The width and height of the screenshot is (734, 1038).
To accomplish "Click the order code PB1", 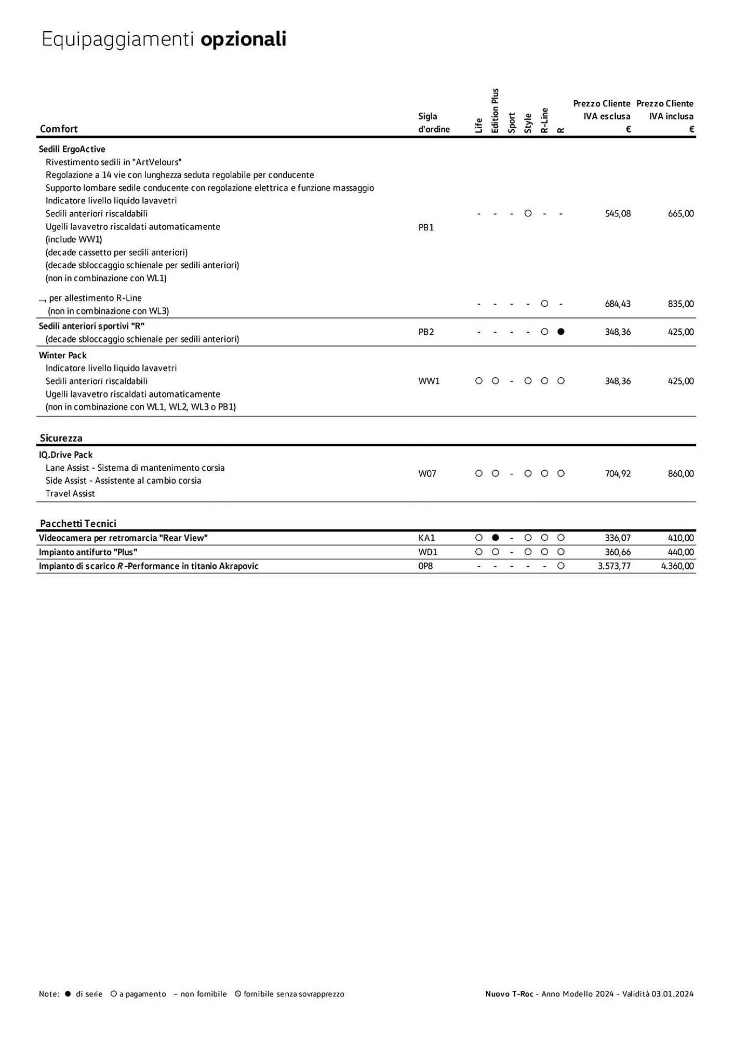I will pos(426,227).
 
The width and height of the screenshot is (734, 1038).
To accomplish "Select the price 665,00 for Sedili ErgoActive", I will pos(680,213).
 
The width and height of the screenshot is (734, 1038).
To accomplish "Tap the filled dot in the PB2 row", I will pos(560,332).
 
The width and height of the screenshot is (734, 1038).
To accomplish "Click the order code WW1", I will pos(429,381).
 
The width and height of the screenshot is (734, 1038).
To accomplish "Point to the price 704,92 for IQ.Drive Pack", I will pos(618,473).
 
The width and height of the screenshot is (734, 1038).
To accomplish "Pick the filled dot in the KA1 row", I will pos(496,538).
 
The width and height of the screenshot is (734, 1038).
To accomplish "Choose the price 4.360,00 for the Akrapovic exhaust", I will pos(677,566).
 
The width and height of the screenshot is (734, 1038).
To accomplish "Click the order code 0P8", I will pos(425,566).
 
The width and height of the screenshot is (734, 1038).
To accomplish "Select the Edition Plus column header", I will pos(495,111).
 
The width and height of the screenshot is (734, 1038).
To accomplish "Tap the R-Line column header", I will pos(544,120).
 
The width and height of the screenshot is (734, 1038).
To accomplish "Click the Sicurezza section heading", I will pos(61,438).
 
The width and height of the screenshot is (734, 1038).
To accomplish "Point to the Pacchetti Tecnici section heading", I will pos(78,523).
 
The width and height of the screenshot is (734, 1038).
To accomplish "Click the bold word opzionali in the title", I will pos(243,39).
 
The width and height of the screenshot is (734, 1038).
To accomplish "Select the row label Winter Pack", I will pos(63,355).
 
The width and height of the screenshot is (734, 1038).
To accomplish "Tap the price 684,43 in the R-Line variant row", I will pos(618,304).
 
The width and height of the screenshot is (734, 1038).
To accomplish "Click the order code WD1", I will pos(428,552).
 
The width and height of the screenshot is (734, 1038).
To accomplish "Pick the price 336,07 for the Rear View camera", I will pos(618,538).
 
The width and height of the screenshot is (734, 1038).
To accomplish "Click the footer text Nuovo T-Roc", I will pos(509,994).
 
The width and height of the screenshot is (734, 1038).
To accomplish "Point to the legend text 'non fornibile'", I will pos(203,994).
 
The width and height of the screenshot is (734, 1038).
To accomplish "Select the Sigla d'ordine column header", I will pos(434,122).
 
